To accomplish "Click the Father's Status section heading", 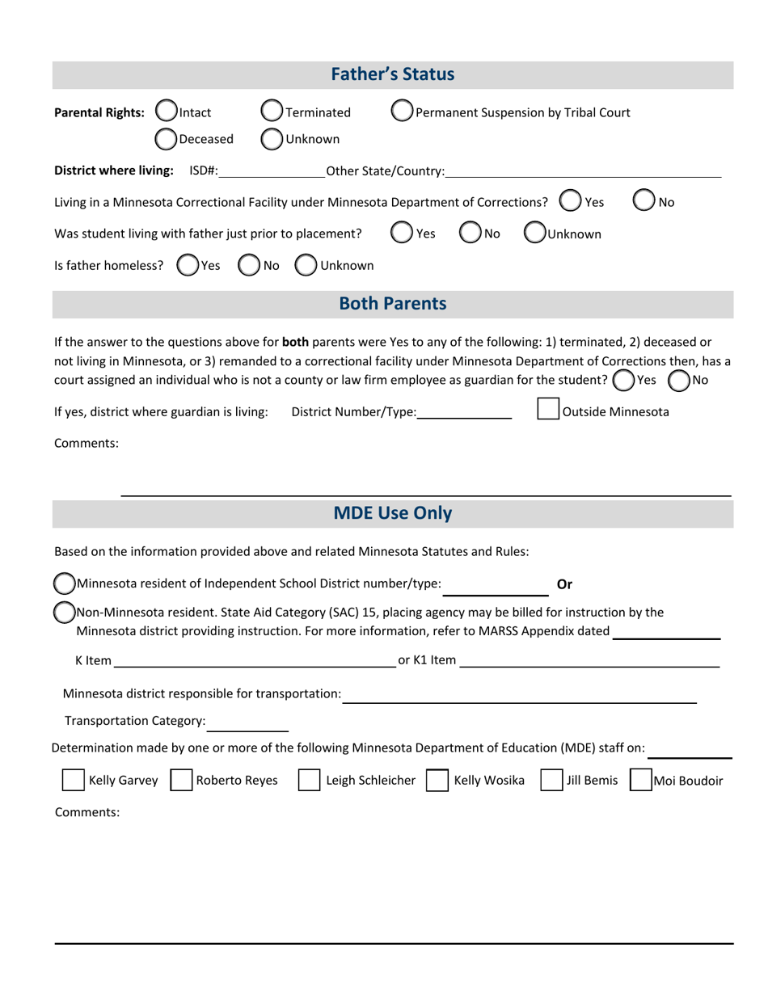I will click(393, 75).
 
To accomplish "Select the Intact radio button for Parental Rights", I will click(165, 112).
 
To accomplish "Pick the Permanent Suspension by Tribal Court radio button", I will click(402, 112).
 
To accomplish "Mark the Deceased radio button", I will click(165, 139).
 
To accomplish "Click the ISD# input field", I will click(271, 171).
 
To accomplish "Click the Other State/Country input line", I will click(582, 171).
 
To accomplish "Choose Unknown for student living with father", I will click(534, 234).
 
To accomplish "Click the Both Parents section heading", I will click(393, 304).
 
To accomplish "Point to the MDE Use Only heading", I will click(393, 513).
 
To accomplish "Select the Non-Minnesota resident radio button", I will click(64, 613).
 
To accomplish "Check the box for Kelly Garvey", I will click(74, 781).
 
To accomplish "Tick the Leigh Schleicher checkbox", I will click(310, 781).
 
